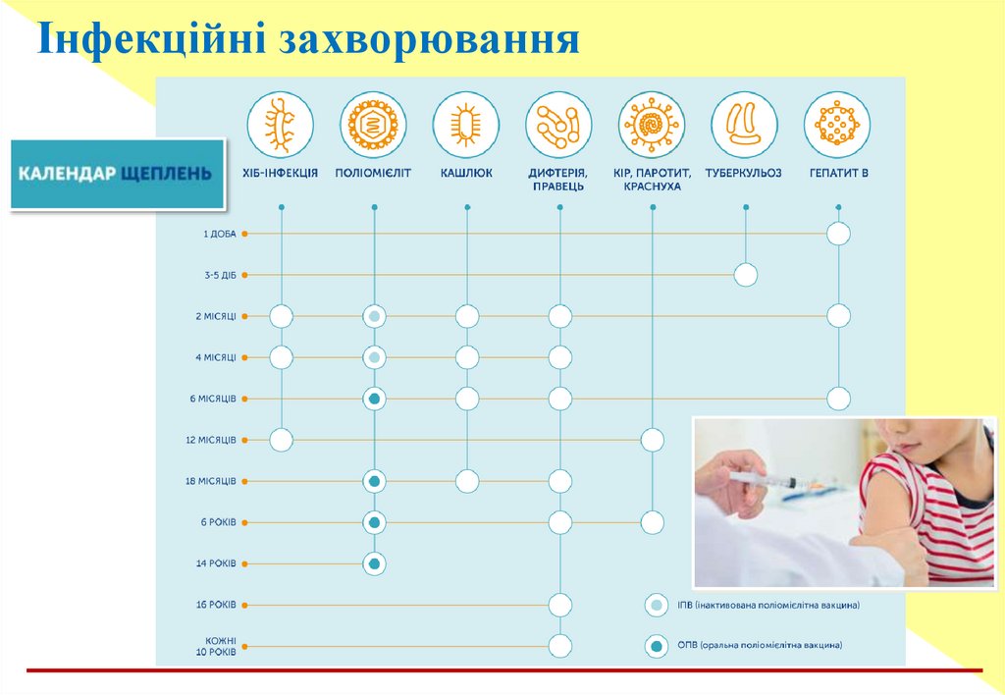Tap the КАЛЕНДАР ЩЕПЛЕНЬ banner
(x=117, y=174)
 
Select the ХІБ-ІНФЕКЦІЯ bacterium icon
(x=281, y=125)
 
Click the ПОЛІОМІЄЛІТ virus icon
(x=374, y=125)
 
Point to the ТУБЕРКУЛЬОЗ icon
(x=744, y=125)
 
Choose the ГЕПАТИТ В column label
(x=837, y=173)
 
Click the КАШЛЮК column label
(x=466, y=173)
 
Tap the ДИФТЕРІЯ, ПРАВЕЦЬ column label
(x=559, y=179)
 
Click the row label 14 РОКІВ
(x=216, y=563)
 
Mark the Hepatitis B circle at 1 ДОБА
(x=838, y=234)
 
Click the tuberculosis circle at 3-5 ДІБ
(x=746, y=275)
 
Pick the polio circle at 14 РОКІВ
(x=374, y=563)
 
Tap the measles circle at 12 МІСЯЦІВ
(x=653, y=440)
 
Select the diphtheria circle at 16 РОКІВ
(x=559, y=605)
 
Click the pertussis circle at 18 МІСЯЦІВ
(x=467, y=481)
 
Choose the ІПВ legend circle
(x=655, y=606)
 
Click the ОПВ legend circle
(x=655, y=646)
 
